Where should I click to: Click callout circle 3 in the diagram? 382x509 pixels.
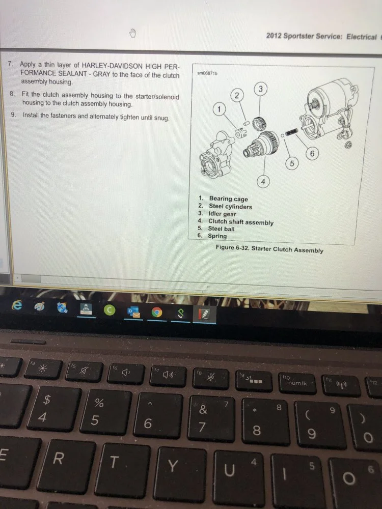pyautogui.click(x=261, y=90)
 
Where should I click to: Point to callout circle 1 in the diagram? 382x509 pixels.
pyautogui.click(x=220, y=109)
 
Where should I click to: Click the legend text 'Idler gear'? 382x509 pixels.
pyautogui.click(x=222, y=214)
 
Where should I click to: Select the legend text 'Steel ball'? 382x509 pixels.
pyautogui.click(x=222, y=229)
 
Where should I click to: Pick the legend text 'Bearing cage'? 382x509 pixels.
pyautogui.click(x=228, y=199)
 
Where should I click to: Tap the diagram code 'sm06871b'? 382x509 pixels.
pyautogui.click(x=207, y=74)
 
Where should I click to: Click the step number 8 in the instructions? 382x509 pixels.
pyautogui.click(x=12, y=95)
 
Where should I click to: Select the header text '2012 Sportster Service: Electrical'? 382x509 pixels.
pyautogui.click(x=321, y=37)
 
